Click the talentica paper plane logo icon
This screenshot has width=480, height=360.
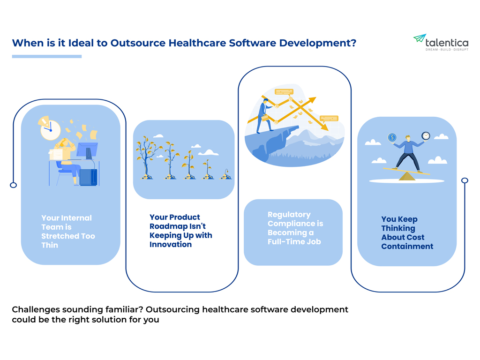pos(420,38)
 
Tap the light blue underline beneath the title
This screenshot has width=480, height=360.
pos(47,56)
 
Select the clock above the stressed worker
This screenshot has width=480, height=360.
pos(51,130)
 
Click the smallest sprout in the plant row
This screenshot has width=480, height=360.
pos(226,174)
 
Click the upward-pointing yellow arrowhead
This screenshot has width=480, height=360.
pos(312,101)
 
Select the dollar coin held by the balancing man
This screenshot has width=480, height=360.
pos(392,137)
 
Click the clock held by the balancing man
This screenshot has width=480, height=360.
pos(426,135)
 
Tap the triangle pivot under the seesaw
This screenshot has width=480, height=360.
pos(407,176)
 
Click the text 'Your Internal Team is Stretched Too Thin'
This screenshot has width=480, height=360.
pos(68,232)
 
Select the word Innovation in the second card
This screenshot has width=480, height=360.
pos(171,245)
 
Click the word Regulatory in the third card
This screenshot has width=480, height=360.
pos(289,215)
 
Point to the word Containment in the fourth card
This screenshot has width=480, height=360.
pos(407,247)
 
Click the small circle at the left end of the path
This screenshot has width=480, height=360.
pos(14,185)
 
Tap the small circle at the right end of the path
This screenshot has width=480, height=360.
pos(465,180)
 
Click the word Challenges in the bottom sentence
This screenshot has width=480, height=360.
pos(36,310)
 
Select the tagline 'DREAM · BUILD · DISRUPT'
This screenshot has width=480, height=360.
pos(447,50)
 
